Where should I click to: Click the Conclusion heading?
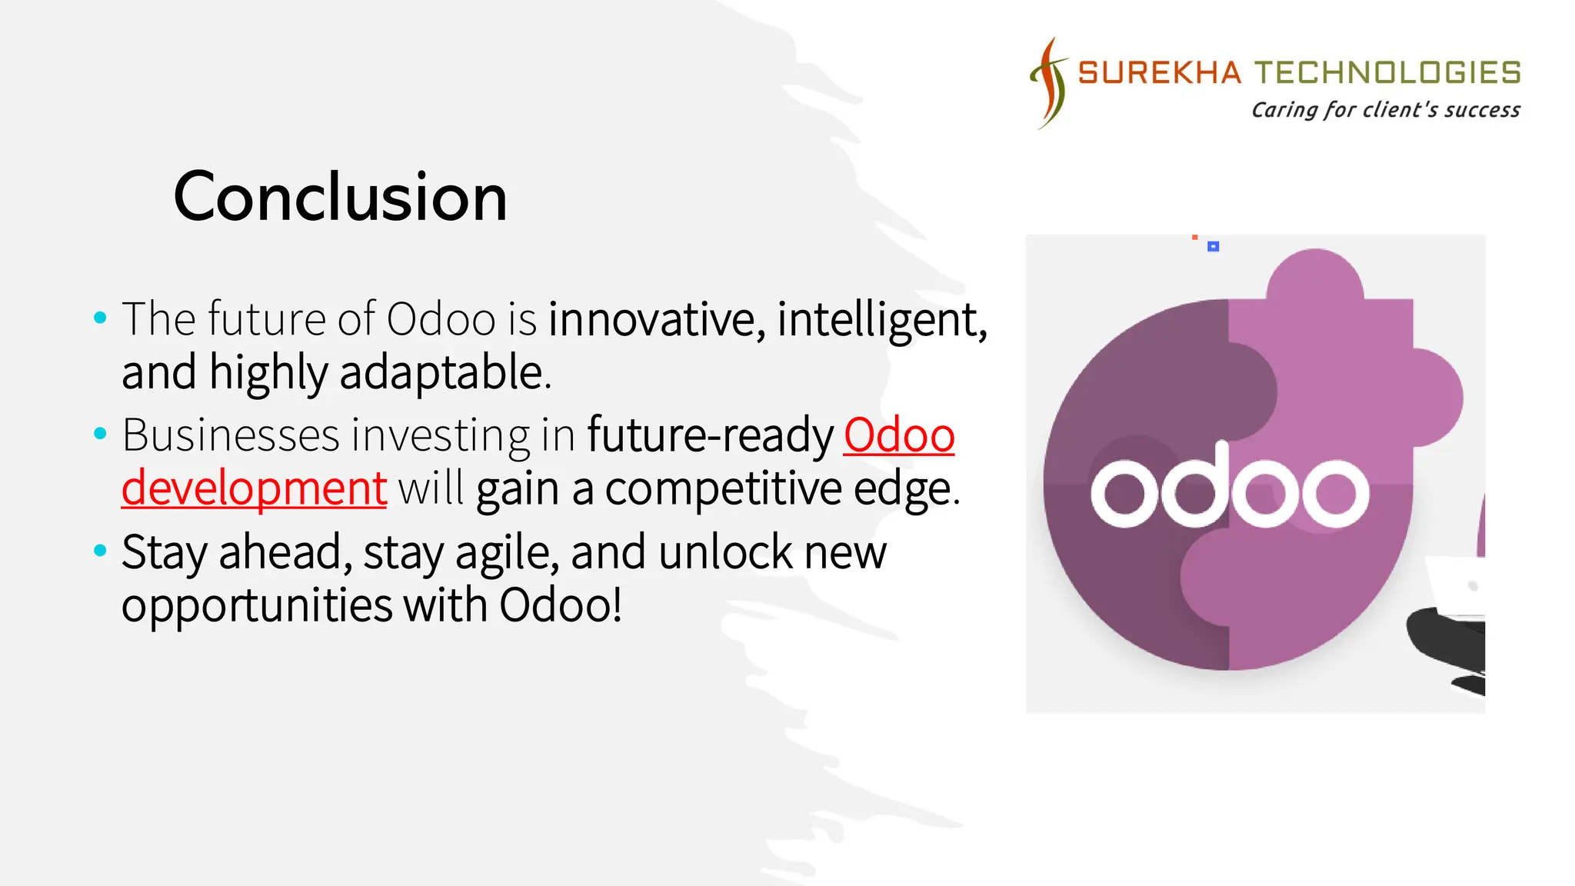(340, 197)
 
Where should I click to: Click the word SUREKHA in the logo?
(1159, 73)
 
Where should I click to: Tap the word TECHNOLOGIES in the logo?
(1388, 73)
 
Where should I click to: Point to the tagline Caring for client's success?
(1385, 110)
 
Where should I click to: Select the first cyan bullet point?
(99, 318)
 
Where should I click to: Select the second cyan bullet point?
(99, 434)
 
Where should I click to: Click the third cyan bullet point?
(99, 551)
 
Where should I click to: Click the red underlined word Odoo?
(898, 435)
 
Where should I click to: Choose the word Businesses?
(231, 435)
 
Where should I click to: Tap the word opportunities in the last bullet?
(257, 605)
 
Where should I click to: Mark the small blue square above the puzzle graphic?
(1213, 246)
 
